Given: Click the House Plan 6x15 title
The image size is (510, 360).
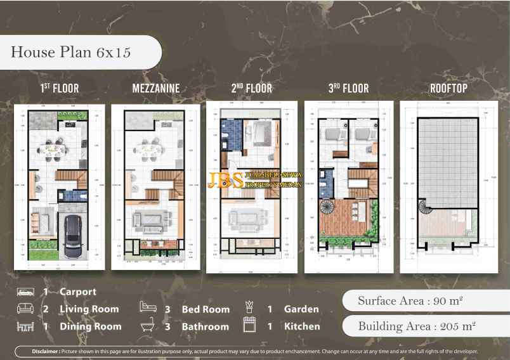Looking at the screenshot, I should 70,52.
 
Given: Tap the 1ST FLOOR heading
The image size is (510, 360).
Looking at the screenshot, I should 60,89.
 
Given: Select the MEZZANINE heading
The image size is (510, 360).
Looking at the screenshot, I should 156,89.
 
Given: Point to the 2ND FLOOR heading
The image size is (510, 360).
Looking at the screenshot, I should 251,89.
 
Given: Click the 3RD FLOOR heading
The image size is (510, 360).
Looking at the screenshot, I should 348,89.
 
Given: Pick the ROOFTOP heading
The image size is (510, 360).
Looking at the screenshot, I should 448,89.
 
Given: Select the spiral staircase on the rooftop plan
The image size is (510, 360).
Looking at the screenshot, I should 423,207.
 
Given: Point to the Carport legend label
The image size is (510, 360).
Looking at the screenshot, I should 78,292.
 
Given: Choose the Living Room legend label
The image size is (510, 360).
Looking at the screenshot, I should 89,309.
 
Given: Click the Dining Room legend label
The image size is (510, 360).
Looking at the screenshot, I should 90,327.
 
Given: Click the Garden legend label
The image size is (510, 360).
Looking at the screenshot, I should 301,309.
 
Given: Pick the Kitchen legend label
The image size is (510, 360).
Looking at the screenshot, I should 302,327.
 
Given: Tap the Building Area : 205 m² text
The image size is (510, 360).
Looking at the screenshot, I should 417,327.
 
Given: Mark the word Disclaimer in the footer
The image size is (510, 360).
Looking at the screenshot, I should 46,351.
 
